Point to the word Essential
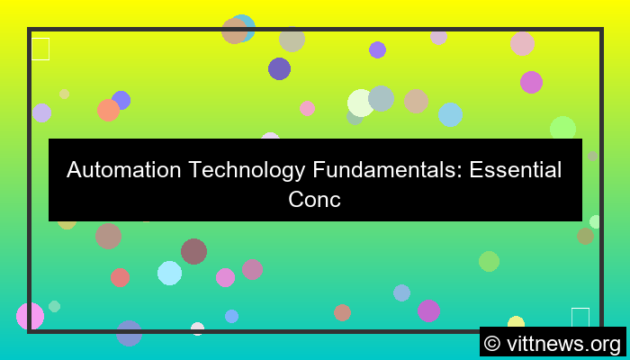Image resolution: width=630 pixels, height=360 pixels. (x=517, y=169)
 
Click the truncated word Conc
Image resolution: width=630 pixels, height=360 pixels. (x=315, y=199)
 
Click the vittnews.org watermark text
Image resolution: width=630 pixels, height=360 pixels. (x=564, y=343)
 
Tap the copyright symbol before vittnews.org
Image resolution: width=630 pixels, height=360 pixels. (x=492, y=343)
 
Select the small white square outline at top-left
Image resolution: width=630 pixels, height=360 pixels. (x=40, y=49)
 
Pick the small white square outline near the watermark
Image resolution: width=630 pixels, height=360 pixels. (x=580, y=318)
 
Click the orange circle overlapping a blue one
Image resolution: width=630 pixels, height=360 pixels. (x=108, y=110)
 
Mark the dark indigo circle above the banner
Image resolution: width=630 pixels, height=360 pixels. (x=279, y=68)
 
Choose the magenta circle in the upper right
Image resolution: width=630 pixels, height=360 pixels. (x=531, y=82)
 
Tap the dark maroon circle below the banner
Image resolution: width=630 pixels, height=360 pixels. (x=193, y=251)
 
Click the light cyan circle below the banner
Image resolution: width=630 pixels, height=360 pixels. (x=169, y=273)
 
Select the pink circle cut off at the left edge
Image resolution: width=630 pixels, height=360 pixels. (x=30, y=316)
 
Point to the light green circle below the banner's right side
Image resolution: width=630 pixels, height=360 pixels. (x=489, y=261)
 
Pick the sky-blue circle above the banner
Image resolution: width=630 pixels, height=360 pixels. (x=450, y=114)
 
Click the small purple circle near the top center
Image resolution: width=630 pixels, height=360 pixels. (x=377, y=49)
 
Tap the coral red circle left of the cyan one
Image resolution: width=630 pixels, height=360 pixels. (x=120, y=277)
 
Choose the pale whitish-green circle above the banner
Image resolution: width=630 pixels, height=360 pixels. (x=360, y=103)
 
